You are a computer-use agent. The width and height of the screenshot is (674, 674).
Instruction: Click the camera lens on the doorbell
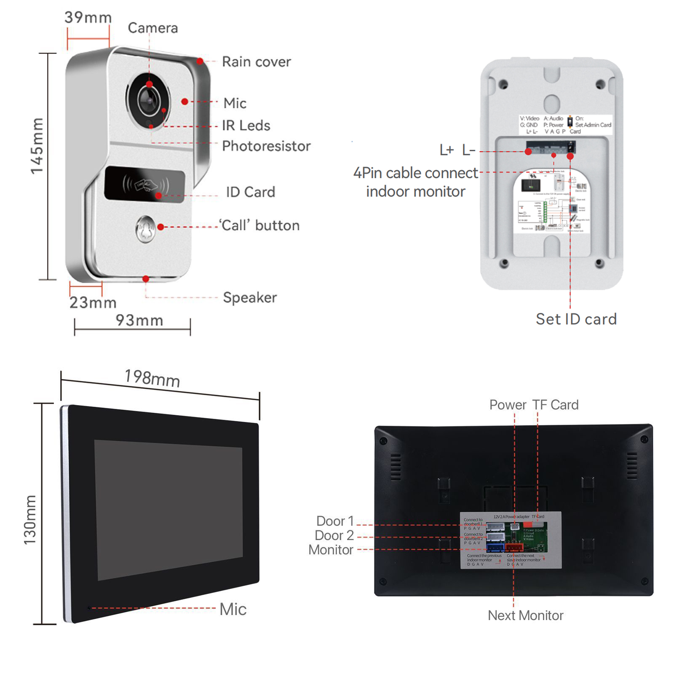pos(148,100)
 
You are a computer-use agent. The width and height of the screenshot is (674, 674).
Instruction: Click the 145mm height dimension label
pos(37,146)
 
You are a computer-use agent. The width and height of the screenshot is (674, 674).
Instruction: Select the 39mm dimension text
pos(88,18)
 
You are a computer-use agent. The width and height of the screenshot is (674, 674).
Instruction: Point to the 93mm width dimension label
pos(139,321)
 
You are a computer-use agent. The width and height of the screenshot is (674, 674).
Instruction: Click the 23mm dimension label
pos(93,302)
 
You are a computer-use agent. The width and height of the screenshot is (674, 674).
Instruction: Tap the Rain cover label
pos(256,62)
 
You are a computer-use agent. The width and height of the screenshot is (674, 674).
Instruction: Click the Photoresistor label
pos(266,146)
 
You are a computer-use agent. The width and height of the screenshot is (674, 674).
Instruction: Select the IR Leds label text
pos(246,126)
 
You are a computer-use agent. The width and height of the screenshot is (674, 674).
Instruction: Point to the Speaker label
pos(250,298)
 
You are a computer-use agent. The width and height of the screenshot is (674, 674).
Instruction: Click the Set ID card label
pos(576,319)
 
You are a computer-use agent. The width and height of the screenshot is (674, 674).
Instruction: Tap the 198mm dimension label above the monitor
pos(152,378)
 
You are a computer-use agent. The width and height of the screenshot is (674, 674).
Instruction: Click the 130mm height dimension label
pos(30,520)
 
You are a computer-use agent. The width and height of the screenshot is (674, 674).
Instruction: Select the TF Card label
pos(555,405)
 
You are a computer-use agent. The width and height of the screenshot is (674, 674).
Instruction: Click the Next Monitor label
pos(525,615)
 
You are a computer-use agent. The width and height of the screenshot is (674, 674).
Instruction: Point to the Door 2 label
pos(334,535)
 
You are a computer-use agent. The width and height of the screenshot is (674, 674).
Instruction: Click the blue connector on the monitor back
pos(495,548)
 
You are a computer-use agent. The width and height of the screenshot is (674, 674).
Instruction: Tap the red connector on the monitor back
pos(514,548)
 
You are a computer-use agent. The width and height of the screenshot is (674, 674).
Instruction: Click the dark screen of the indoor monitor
pos(168,510)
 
